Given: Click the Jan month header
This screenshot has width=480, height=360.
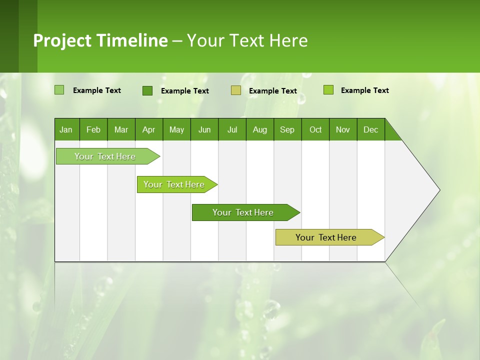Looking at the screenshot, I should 66,129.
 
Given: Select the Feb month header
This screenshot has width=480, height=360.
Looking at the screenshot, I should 93,129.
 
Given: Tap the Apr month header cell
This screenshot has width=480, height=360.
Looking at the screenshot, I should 148,129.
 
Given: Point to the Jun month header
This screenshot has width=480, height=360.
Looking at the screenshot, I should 204,129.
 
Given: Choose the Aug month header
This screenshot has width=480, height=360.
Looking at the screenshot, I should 260,129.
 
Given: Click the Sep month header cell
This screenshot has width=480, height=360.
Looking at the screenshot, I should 287,129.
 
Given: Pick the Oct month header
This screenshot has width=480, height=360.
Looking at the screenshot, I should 315,129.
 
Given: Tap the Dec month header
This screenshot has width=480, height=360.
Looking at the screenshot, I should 371,129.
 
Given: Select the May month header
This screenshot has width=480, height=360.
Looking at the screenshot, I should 176,129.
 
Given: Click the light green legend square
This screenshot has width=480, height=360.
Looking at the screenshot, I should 59,90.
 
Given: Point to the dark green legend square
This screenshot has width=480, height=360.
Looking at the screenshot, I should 147,90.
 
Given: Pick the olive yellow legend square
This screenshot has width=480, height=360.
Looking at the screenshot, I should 236,90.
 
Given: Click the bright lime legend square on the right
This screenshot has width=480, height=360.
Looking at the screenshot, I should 328,90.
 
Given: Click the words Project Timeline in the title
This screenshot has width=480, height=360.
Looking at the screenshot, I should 100,40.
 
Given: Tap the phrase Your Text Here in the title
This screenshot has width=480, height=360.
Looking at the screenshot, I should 247,40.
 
